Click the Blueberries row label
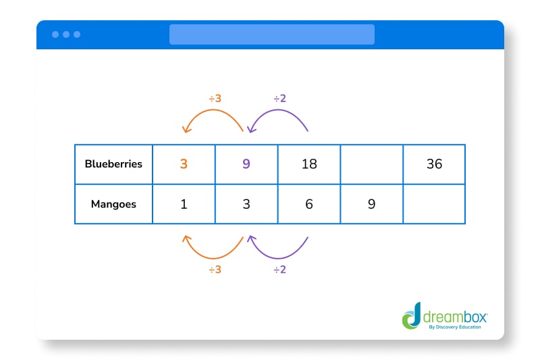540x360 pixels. [x=113, y=164]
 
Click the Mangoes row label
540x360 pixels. [x=113, y=204]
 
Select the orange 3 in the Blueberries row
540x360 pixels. [x=184, y=164]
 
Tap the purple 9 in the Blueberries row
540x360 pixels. [x=246, y=164]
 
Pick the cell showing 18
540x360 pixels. [x=309, y=164]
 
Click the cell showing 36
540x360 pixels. [x=434, y=164]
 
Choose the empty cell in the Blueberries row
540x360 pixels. [x=372, y=164]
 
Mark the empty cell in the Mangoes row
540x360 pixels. [x=434, y=204]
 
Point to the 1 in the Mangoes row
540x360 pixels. [x=184, y=204]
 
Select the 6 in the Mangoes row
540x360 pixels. [x=309, y=204]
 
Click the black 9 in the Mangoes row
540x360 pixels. [x=372, y=204]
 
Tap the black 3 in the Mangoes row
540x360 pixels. [x=246, y=204]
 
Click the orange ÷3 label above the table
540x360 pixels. [x=215, y=99]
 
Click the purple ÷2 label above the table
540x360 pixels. [x=279, y=99]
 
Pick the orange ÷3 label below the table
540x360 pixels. [x=215, y=269]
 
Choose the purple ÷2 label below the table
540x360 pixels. [x=279, y=269]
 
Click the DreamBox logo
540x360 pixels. [x=444, y=316]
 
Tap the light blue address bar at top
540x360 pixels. [x=271, y=34]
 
